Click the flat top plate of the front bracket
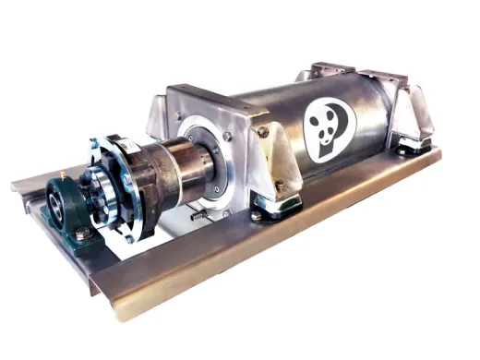[212, 92]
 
